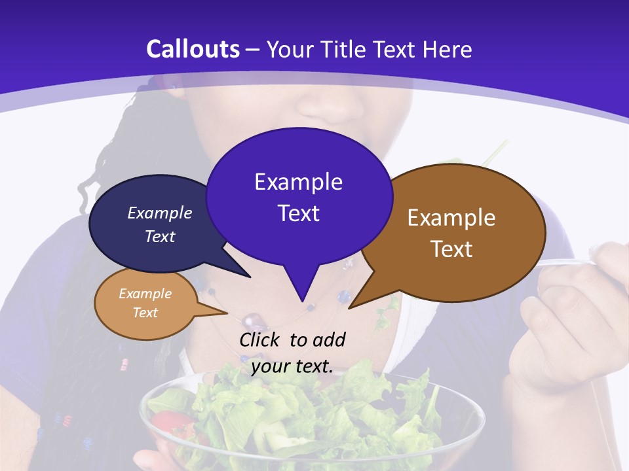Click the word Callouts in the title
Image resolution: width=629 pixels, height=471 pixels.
point(193,49)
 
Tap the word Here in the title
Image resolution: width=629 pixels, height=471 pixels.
point(448,49)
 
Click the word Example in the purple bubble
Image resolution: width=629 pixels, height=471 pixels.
point(298,182)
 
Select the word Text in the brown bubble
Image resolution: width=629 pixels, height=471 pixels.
point(451,249)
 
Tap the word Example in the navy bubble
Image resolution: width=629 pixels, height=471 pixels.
point(160,213)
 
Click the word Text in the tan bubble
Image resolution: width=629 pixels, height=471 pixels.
point(145,313)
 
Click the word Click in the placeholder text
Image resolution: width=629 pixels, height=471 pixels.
point(260,340)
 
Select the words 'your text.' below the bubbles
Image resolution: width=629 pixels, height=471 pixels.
point(292,366)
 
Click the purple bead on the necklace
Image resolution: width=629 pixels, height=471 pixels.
point(252,321)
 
